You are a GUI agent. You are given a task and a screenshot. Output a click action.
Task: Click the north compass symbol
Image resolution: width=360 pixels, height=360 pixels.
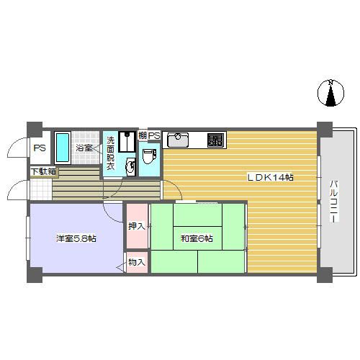tap(330, 94)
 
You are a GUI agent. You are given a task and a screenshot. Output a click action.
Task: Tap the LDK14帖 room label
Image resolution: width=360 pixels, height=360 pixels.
tap(270, 177)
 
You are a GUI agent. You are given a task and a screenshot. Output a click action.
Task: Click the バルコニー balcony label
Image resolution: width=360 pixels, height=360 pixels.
tap(333, 204)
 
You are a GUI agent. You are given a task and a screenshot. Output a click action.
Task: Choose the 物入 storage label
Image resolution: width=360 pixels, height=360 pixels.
tap(136, 263)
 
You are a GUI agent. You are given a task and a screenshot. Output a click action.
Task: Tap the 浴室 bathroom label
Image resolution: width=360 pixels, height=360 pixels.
tap(84, 148)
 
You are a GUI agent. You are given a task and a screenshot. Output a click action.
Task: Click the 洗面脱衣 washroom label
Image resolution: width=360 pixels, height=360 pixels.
tap(111, 153)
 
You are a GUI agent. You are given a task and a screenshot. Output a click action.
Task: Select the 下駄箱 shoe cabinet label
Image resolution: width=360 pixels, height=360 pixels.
tap(42, 171)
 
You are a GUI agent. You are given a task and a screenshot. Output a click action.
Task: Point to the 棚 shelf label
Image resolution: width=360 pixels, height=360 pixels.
tap(143, 135)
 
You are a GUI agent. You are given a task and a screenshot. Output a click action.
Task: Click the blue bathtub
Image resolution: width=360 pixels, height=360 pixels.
tap(63, 148)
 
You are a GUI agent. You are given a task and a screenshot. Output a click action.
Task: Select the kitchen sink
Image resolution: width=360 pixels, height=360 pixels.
tap(179, 139)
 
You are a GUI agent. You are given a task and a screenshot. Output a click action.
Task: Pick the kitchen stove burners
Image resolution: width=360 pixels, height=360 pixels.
tap(215, 139)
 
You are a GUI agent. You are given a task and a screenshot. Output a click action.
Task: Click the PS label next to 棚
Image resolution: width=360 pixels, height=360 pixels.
tap(154, 135)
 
